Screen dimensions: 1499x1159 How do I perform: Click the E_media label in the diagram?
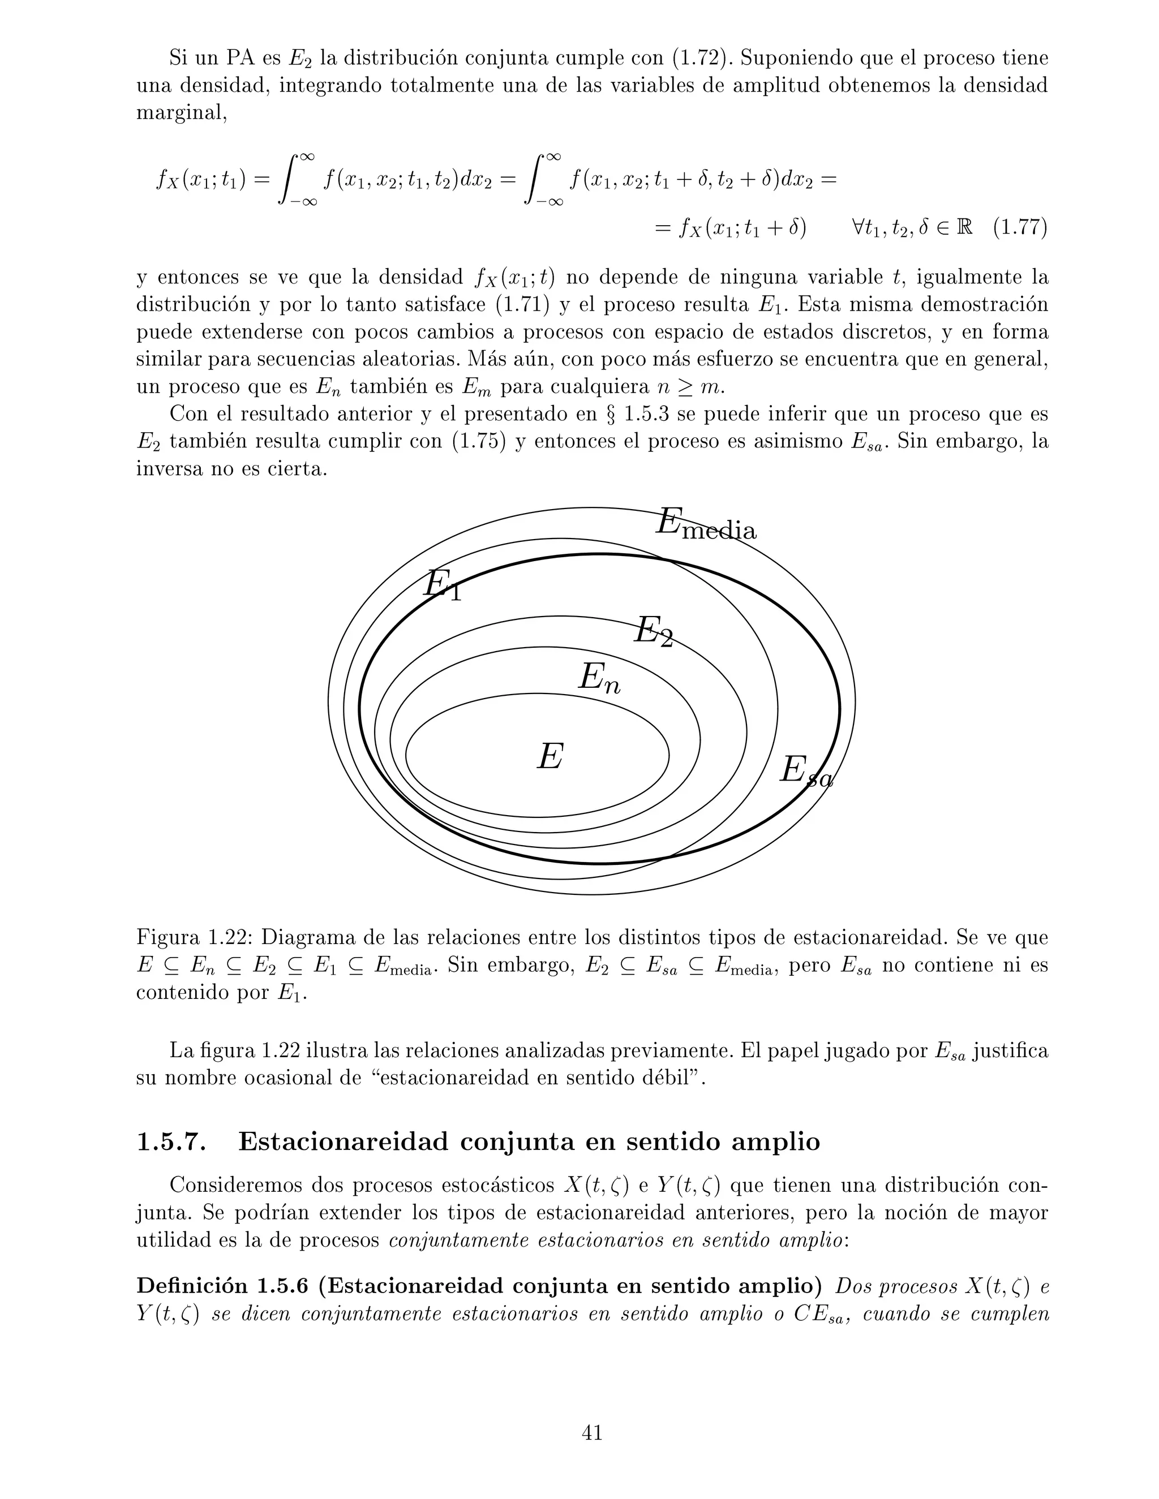coord(706,524)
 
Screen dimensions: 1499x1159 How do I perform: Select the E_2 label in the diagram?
coord(653,631)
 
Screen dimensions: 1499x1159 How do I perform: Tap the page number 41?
coord(592,1432)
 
